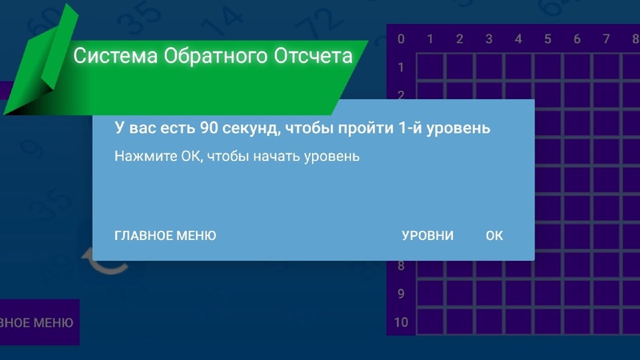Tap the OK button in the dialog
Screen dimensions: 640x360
point(494,235)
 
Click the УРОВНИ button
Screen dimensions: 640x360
point(427,235)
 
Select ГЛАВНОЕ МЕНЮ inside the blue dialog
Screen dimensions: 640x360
point(166,235)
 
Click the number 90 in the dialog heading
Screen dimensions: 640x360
point(209,128)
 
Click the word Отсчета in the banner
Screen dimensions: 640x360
point(313,56)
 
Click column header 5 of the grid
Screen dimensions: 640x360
point(548,39)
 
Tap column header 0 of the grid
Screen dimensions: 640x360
point(401,39)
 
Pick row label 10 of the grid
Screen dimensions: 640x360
point(401,322)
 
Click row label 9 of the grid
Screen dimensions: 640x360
point(401,294)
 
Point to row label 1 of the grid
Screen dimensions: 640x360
point(401,67)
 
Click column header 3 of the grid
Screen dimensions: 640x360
point(489,39)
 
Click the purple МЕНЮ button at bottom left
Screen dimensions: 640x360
point(39,322)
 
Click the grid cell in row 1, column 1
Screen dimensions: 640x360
point(430,67)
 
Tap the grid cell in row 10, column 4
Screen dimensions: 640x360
point(518,322)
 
